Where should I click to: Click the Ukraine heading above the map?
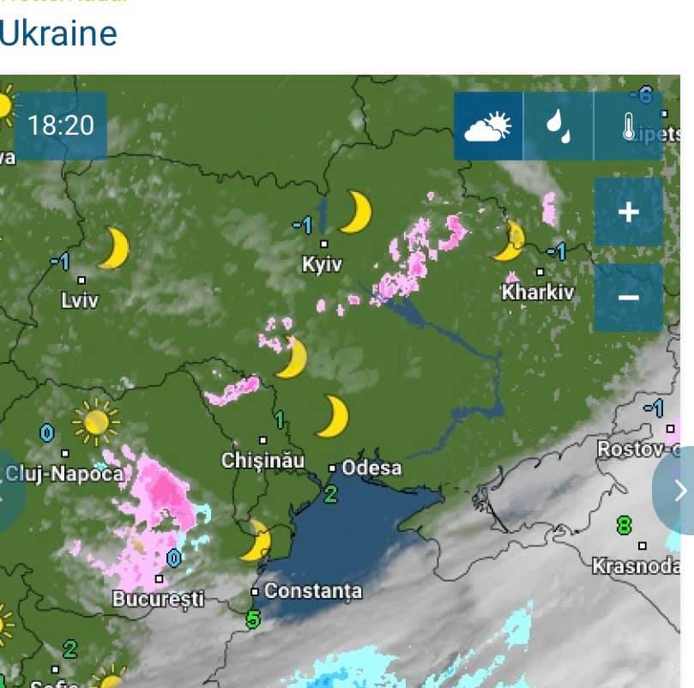pyautogui.click(x=58, y=33)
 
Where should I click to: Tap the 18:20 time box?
pyautogui.click(x=60, y=125)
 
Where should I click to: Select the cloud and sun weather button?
pyautogui.click(x=487, y=126)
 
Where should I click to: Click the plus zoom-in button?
pyautogui.click(x=628, y=212)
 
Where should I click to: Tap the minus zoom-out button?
pyautogui.click(x=628, y=297)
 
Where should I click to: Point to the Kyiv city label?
pyautogui.click(x=322, y=265)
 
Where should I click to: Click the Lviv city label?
pyautogui.click(x=80, y=300)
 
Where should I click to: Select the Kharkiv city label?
pyautogui.click(x=537, y=293)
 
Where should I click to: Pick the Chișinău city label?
pyautogui.click(x=263, y=460)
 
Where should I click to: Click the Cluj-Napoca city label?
pyautogui.click(x=65, y=474)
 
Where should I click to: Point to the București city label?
pyautogui.click(x=158, y=598)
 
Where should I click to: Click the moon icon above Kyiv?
pyautogui.click(x=355, y=212)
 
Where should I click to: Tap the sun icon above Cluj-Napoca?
pyautogui.click(x=94, y=421)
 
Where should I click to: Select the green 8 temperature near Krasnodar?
pyautogui.click(x=624, y=524)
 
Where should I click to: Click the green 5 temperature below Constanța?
pyautogui.click(x=252, y=618)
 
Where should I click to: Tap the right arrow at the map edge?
pyautogui.click(x=678, y=491)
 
